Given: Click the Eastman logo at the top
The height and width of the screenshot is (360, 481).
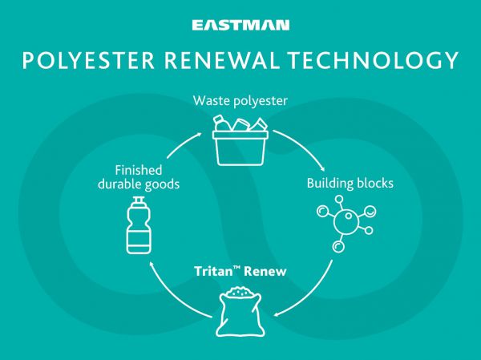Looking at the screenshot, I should [x=240, y=26].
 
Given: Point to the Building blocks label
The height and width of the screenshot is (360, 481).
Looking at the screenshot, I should [x=350, y=184].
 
